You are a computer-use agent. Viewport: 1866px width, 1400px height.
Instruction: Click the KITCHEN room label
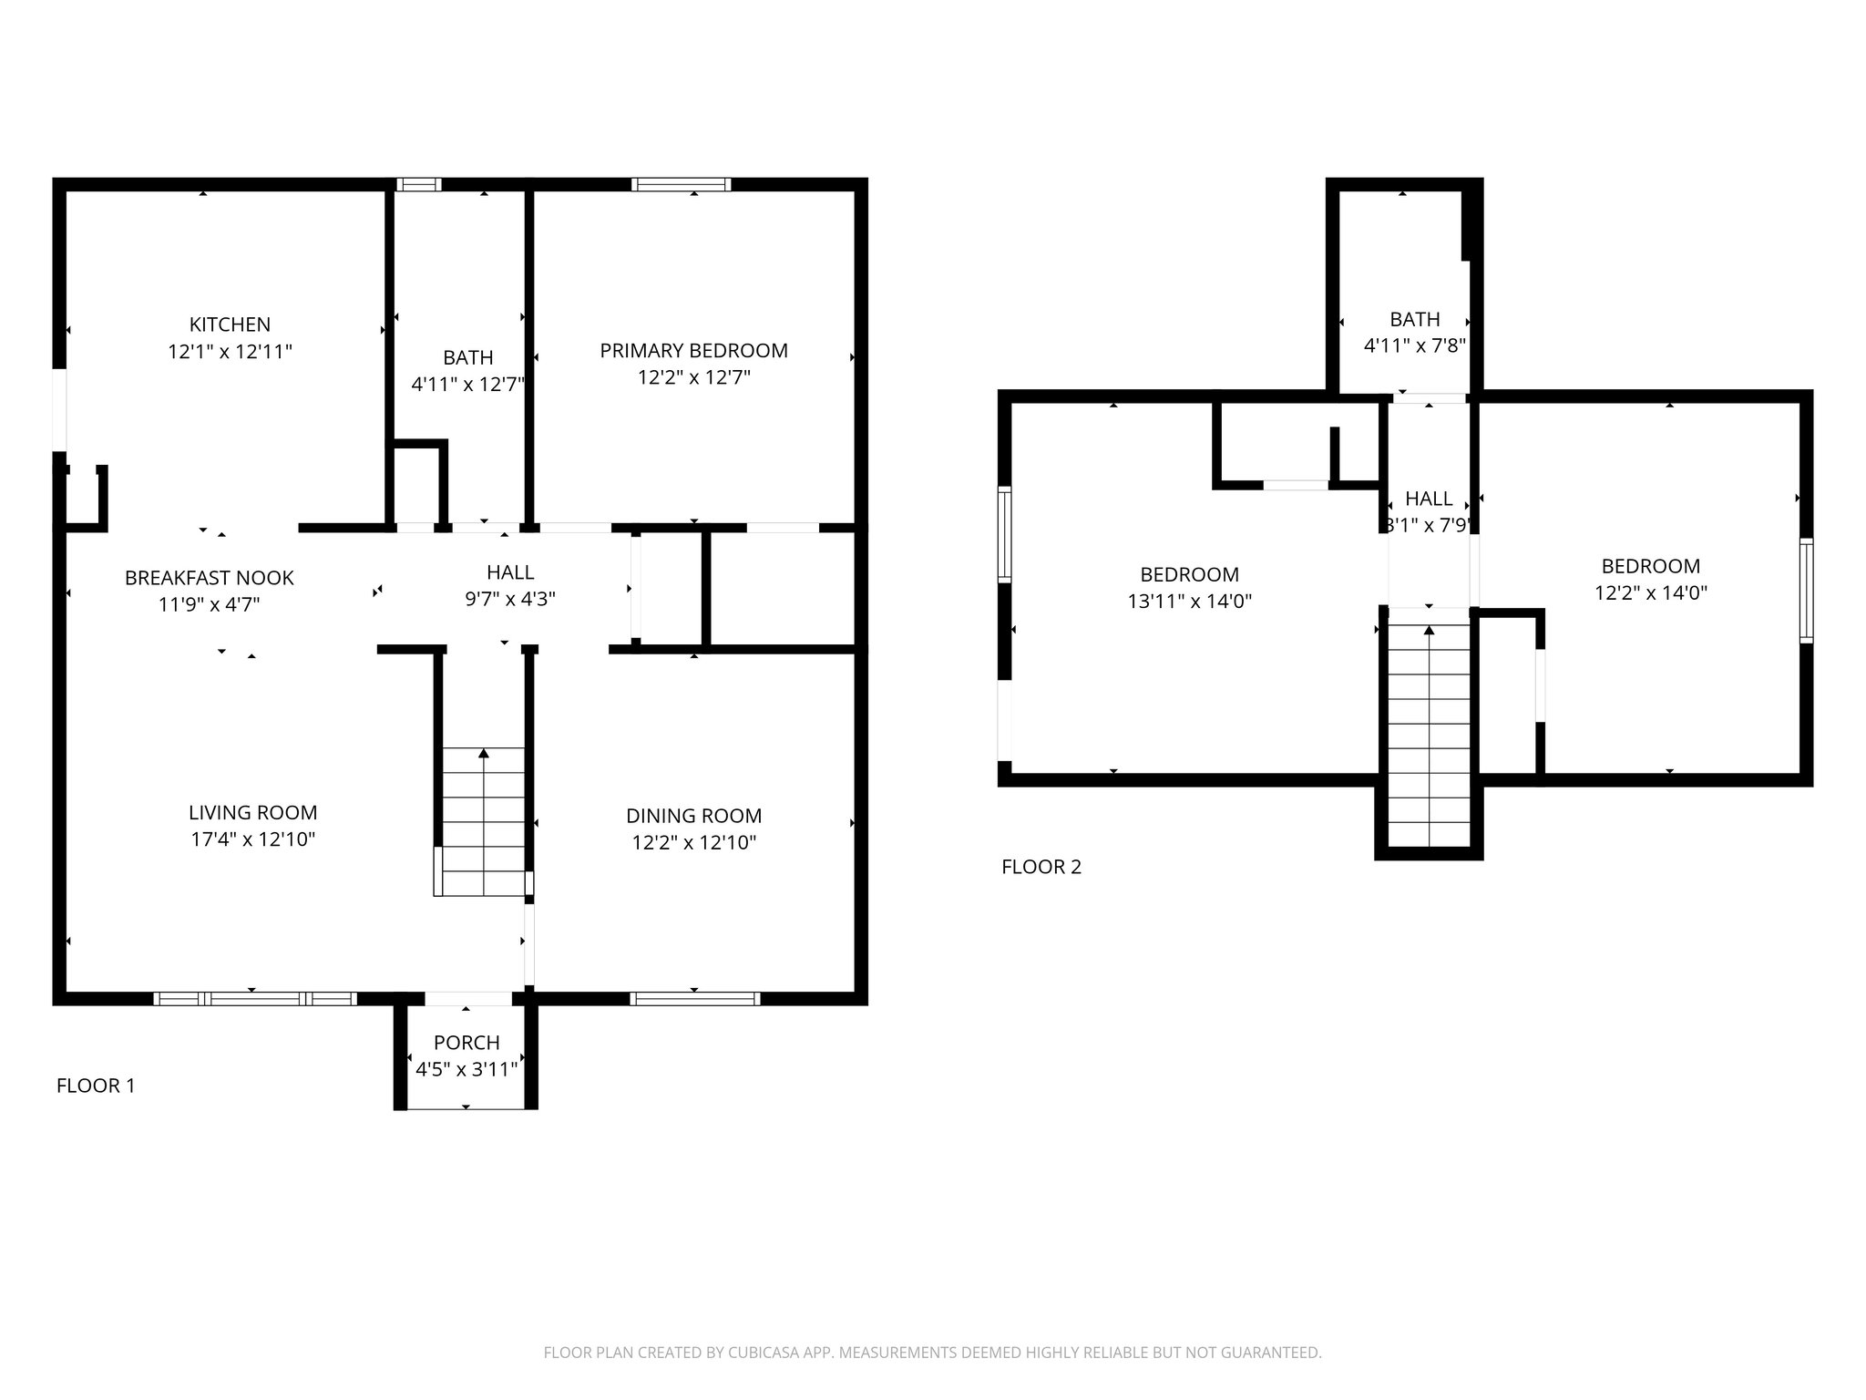(x=230, y=324)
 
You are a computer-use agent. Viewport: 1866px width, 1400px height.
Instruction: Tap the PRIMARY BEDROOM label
(x=693, y=351)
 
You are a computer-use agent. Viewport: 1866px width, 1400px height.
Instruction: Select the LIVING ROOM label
(x=252, y=813)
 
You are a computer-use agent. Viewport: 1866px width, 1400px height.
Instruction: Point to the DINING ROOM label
(x=693, y=816)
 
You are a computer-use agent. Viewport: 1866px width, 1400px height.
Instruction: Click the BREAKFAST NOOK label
(x=210, y=578)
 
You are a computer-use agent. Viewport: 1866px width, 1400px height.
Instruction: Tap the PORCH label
(x=466, y=1043)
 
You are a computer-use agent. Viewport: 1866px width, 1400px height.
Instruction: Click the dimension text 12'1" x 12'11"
(x=230, y=352)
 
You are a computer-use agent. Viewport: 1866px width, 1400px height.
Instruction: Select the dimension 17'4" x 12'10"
(x=252, y=839)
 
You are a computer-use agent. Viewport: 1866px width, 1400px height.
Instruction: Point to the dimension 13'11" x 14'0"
(x=1189, y=602)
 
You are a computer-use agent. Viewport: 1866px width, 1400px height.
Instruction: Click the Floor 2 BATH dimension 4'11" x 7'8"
(x=1414, y=346)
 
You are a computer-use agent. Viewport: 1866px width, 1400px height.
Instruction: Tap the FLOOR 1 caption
(x=96, y=1086)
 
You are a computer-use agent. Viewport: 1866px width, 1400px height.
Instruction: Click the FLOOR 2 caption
(x=1041, y=867)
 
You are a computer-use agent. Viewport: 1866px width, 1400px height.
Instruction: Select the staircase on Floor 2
(x=1429, y=736)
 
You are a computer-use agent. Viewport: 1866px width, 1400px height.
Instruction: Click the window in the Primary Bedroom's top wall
(x=682, y=184)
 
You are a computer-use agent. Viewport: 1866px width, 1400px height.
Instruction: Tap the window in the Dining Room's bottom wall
(x=694, y=999)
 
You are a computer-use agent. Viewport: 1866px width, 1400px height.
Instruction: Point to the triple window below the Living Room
(x=255, y=999)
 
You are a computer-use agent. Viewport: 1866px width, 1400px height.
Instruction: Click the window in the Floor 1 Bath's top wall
(x=419, y=184)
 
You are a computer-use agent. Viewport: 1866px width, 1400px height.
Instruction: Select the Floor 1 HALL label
(x=510, y=572)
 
